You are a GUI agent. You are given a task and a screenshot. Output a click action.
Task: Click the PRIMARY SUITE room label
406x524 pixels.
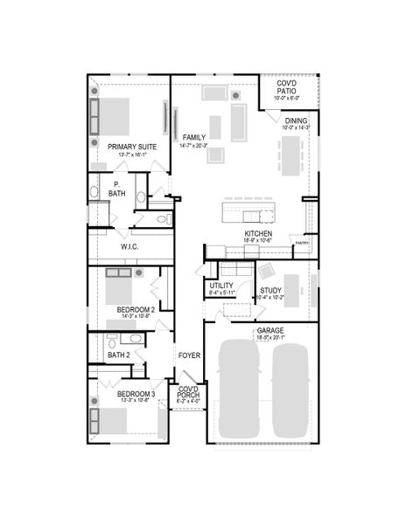coord(132,147)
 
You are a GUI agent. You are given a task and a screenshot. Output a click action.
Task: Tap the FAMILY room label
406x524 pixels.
coord(192,138)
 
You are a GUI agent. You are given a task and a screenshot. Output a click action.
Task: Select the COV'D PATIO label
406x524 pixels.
coord(287,86)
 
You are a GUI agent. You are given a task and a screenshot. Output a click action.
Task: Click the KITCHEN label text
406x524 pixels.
coord(258,234)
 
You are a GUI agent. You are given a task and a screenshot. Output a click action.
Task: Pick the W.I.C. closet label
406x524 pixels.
coord(130,247)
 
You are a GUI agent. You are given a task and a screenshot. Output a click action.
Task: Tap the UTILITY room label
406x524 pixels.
coord(221,286)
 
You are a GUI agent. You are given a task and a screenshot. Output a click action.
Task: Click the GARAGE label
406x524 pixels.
coord(269,331)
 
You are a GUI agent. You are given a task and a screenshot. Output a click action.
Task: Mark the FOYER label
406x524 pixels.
coord(190,355)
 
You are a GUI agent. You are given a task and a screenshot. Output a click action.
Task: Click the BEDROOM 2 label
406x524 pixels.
coord(136,309)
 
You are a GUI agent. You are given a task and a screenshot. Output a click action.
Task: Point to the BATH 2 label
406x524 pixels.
coord(118,355)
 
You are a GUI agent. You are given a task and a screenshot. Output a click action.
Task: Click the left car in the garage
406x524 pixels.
coord(237,389)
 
